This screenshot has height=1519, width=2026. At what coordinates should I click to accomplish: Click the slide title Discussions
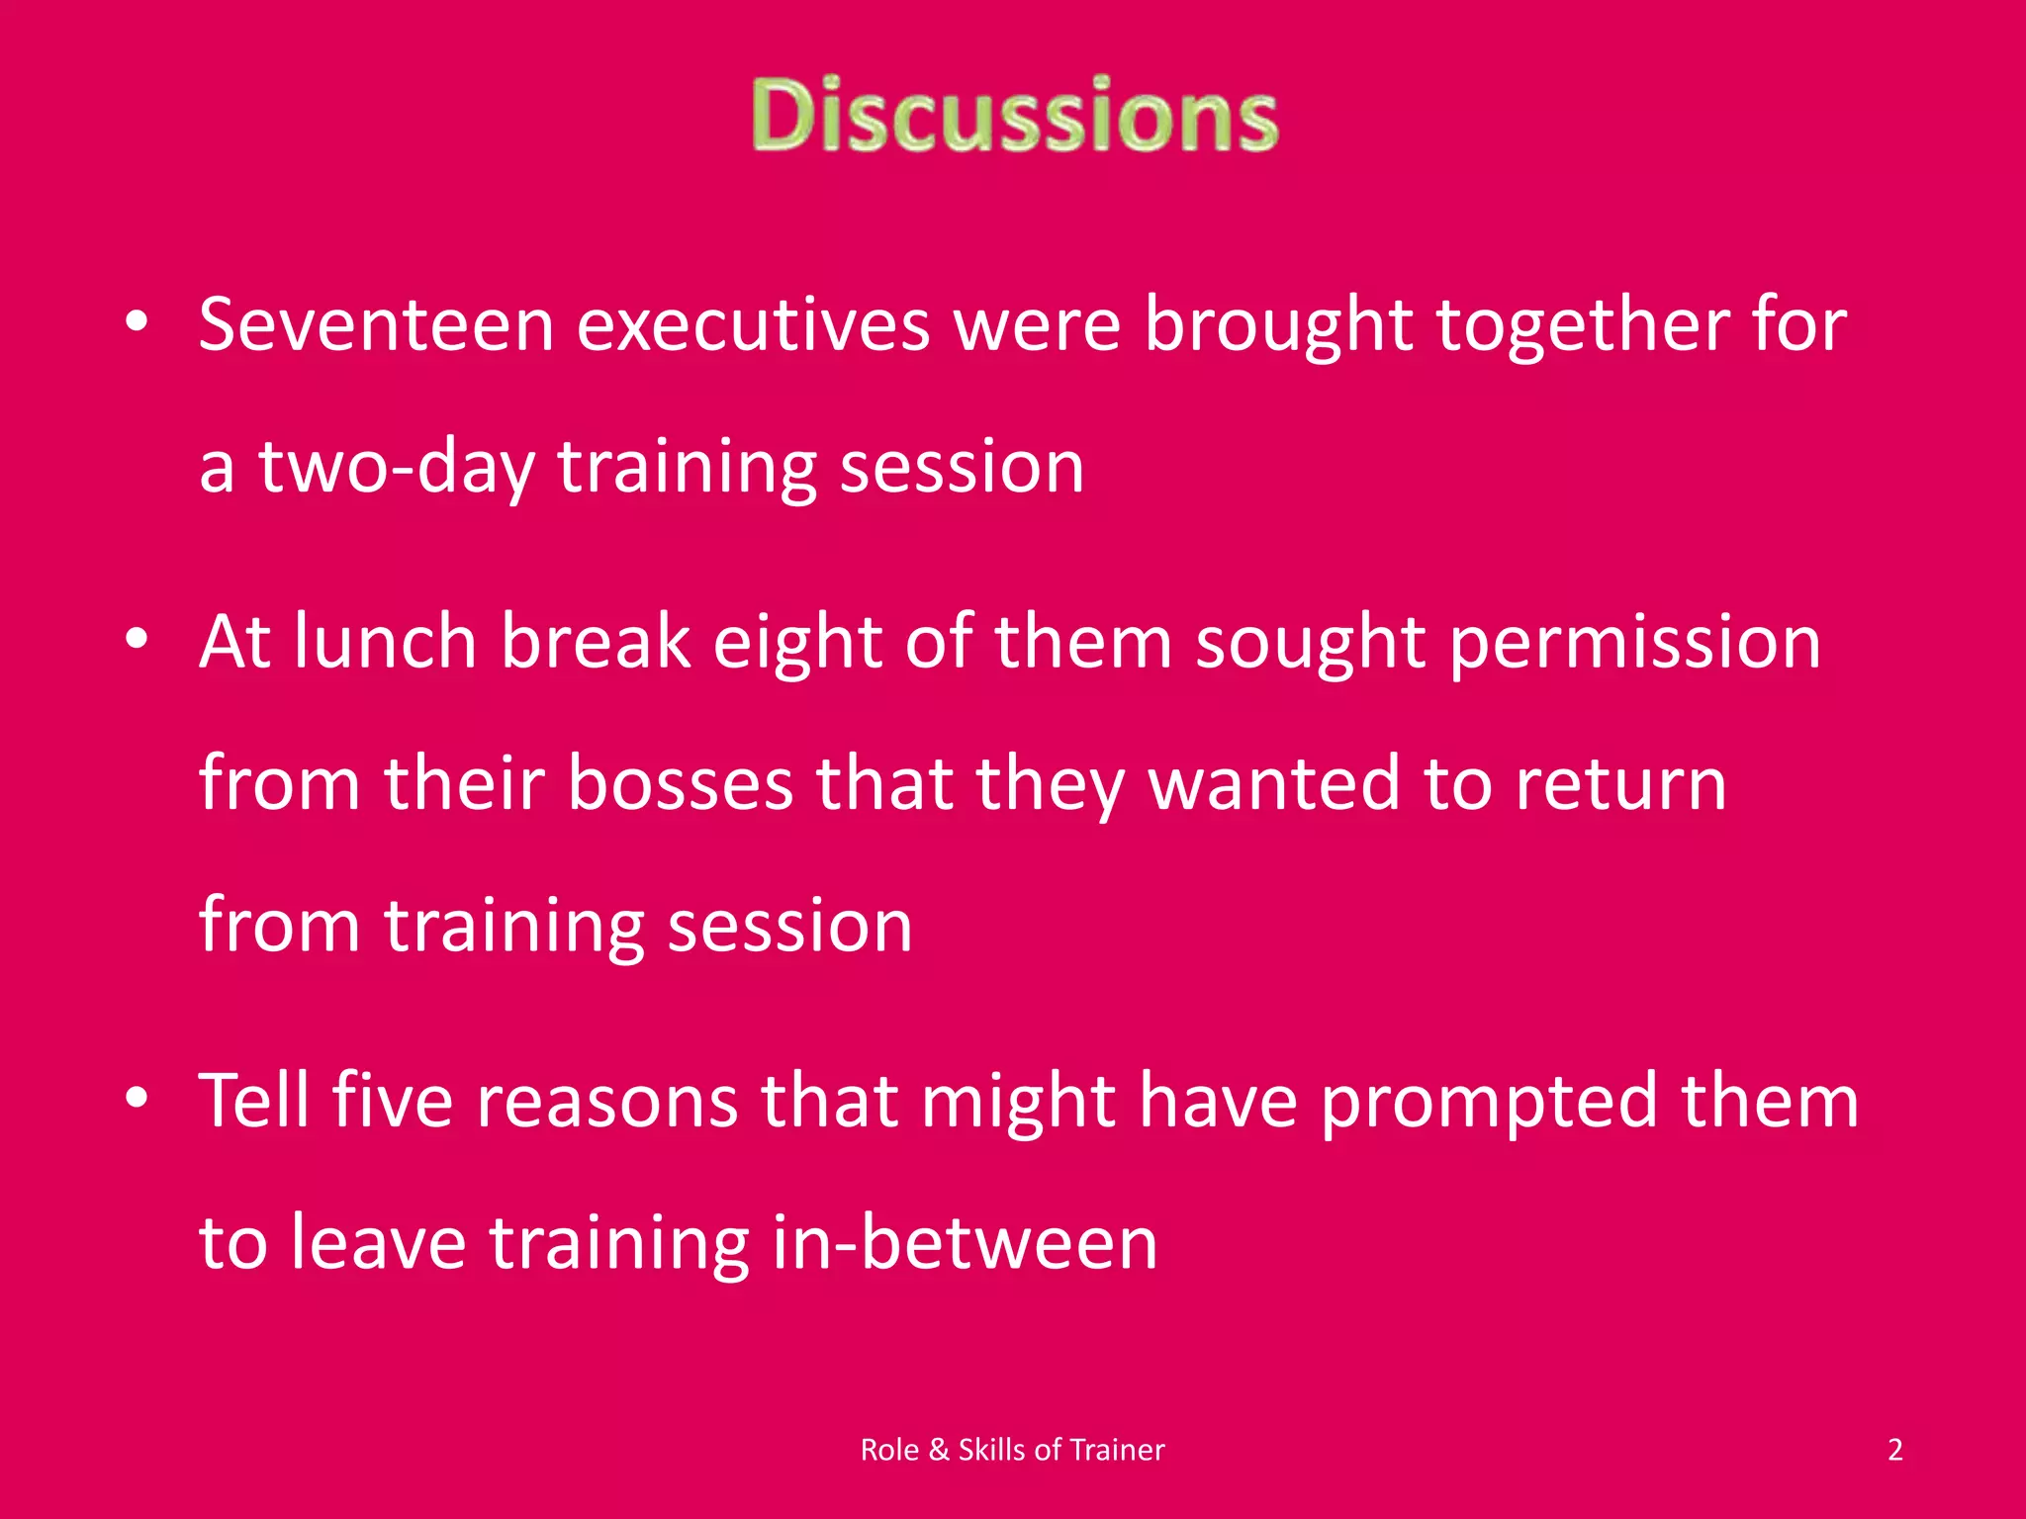pos(1014,116)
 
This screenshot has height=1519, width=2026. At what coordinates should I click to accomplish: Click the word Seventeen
pos(376,325)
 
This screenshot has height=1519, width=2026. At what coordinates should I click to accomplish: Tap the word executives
pos(753,325)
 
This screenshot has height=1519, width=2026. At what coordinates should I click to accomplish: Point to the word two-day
pos(396,468)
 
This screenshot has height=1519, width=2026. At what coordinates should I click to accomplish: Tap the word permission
pos(1634,642)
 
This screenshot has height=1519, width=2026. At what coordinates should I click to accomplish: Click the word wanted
pos(1272,784)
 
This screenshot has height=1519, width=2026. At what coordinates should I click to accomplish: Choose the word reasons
pos(606,1101)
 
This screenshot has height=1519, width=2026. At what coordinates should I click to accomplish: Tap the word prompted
pos(1488,1101)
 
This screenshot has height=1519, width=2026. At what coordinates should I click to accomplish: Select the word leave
pos(378,1243)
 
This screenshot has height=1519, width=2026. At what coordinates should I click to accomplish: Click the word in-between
pos(964,1243)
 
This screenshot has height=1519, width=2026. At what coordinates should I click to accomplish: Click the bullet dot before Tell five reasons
pos(137,1097)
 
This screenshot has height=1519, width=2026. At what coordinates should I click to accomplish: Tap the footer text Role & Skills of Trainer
pos(1012,1450)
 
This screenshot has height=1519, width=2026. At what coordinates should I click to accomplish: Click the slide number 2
pos(1894,1450)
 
